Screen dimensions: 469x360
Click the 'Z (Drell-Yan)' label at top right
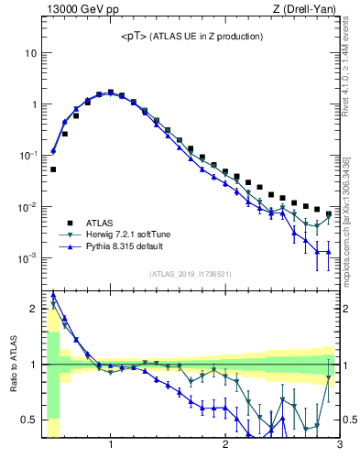[x=310, y=10]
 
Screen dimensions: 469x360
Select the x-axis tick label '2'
[x=225, y=445]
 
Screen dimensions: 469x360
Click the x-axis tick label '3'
[x=339, y=445]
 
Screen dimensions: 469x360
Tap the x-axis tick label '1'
[x=111, y=445]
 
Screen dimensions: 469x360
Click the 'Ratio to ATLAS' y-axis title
[x=12, y=365]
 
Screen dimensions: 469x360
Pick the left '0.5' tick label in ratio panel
[x=27, y=420]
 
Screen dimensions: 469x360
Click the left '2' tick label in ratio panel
[x=33, y=309]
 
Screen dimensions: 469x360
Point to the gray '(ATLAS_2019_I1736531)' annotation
[x=191, y=274]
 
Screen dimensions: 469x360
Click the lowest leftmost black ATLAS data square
[x=53, y=169]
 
